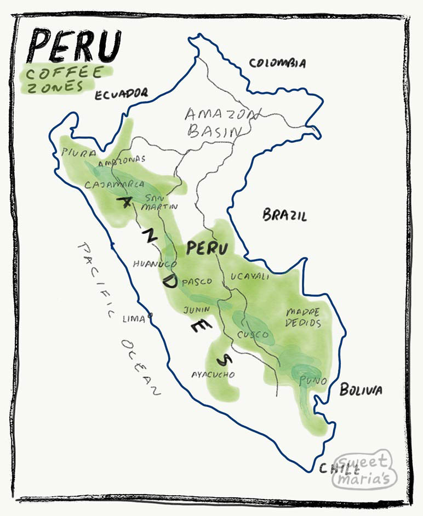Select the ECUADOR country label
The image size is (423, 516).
click(121, 94)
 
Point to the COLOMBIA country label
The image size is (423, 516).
click(277, 63)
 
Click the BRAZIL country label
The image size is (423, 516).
click(284, 215)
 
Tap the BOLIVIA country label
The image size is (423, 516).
click(361, 390)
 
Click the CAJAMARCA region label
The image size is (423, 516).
click(115, 185)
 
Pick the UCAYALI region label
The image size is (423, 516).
click(250, 277)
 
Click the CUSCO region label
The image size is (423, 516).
click(253, 334)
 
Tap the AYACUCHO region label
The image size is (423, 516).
click(213, 375)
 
